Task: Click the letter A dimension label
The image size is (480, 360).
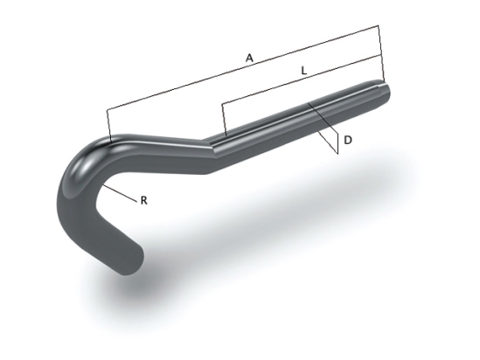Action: tap(249, 58)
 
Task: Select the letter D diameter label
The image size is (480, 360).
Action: tap(348, 140)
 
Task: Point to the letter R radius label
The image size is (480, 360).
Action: tap(143, 200)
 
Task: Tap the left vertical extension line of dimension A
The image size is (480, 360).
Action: tap(107, 125)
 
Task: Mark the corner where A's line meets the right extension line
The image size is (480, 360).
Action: tap(380, 26)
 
